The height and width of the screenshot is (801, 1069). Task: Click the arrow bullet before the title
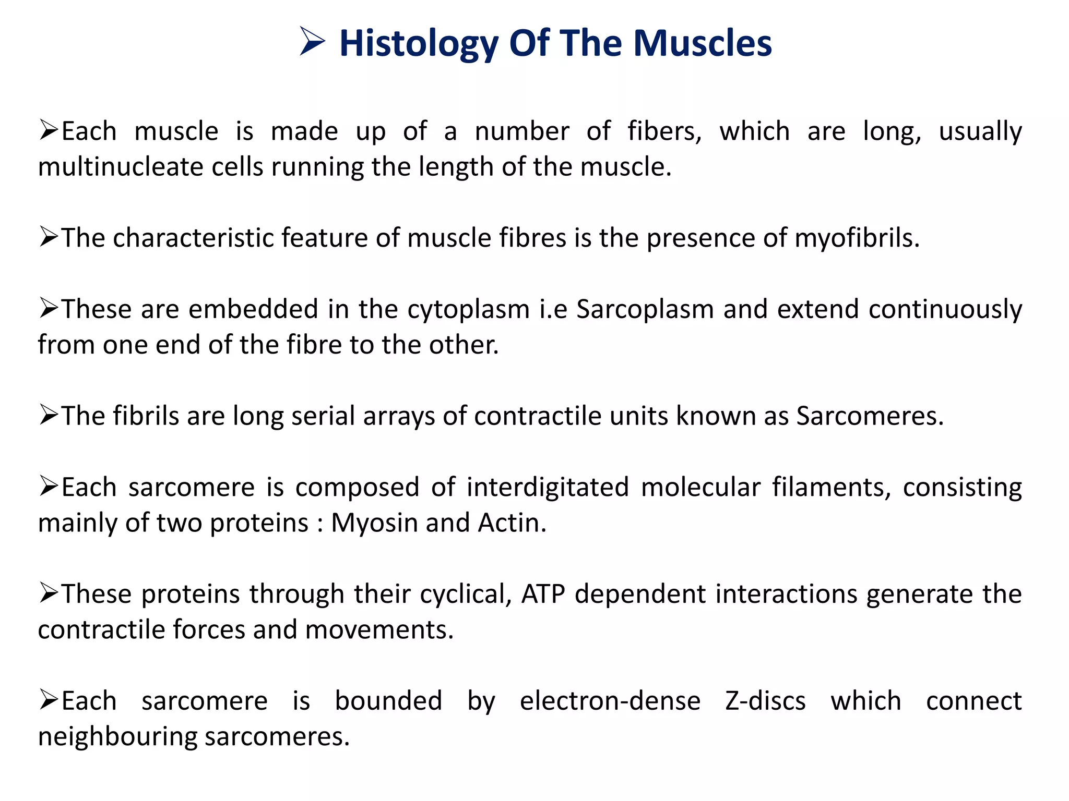[x=312, y=42]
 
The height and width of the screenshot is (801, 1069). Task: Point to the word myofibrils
[x=857, y=239]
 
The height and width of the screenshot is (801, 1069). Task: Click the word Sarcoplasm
[x=645, y=309]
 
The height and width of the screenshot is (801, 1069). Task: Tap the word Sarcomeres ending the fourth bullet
[x=870, y=417]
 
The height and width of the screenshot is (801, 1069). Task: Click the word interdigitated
[x=548, y=488]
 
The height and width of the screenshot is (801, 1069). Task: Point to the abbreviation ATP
[x=543, y=594]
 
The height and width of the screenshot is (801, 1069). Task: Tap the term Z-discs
[x=765, y=701]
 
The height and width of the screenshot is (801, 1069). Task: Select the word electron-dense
[x=610, y=701]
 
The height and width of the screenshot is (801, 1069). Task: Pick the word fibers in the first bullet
[x=664, y=131]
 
